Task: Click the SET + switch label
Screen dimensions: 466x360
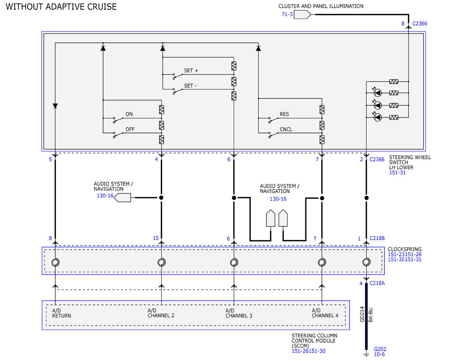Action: (191, 71)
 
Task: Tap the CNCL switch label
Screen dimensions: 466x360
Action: (286, 129)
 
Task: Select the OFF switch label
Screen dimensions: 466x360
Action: (130, 129)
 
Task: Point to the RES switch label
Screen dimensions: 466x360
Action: (284, 114)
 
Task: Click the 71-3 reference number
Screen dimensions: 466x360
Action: (287, 14)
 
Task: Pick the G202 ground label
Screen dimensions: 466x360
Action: (380, 349)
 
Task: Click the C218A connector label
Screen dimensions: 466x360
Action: (377, 283)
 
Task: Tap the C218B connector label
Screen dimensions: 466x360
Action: (377, 238)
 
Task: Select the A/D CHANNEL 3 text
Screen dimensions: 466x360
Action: (239, 313)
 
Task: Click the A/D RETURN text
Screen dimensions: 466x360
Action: (61, 313)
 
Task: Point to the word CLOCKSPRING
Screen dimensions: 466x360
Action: (405, 249)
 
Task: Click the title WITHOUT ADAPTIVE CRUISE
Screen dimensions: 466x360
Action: (61, 7)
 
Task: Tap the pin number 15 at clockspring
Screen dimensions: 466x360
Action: (156, 238)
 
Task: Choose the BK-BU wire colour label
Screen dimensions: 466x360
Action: (371, 315)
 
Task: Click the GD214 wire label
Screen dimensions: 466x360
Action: (362, 314)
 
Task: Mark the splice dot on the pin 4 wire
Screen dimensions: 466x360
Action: (161, 198)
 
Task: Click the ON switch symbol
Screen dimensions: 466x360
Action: (118, 120)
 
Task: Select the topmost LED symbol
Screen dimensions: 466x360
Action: (377, 93)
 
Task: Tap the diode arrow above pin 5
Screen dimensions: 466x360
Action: (55, 106)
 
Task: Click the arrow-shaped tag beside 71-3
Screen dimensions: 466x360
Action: (302, 15)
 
